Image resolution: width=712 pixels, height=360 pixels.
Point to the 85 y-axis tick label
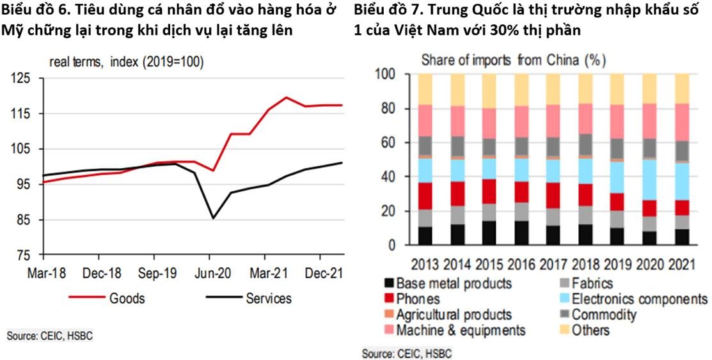24,220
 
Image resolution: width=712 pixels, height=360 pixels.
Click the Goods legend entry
127,298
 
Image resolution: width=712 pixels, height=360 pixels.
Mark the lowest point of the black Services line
213,218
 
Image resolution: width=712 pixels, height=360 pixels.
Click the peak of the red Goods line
286,98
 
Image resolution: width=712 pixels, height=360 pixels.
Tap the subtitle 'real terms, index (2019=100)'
127,62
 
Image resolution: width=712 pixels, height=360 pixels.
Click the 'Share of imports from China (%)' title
513,61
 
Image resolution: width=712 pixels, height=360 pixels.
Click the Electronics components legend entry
639,299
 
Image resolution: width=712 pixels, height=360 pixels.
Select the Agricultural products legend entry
454,315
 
